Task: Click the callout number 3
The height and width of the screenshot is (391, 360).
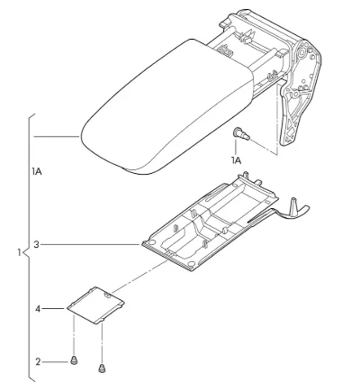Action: click(36, 245)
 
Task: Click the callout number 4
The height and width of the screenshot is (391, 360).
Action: click(38, 309)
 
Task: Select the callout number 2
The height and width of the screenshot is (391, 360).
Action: click(38, 362)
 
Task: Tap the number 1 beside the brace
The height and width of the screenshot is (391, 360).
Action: click(20, 252)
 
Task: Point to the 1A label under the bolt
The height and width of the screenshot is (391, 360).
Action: click(237, 161)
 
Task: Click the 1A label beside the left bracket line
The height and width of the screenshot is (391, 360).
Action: click(37, 172)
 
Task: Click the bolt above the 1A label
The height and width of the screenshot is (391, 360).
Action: click(241, 134)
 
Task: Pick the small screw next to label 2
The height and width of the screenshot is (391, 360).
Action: click(74, 359)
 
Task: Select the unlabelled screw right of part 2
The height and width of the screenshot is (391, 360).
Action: click(102, 368)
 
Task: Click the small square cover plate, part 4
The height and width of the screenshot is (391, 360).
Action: click(95, 305)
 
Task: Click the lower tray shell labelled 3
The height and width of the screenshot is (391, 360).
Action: click(210, 223)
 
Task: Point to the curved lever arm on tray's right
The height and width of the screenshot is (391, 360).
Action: click(282, 212)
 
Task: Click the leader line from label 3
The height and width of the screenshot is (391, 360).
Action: click(91, 245)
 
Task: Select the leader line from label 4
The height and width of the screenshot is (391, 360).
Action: click(53, 309)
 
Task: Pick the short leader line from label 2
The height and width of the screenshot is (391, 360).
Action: click(55, 362)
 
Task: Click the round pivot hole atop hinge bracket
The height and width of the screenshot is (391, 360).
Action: click(301, 52)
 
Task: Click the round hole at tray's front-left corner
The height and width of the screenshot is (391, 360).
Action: click(152, 242)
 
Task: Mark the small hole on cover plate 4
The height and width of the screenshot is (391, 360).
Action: click(107, 296)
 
